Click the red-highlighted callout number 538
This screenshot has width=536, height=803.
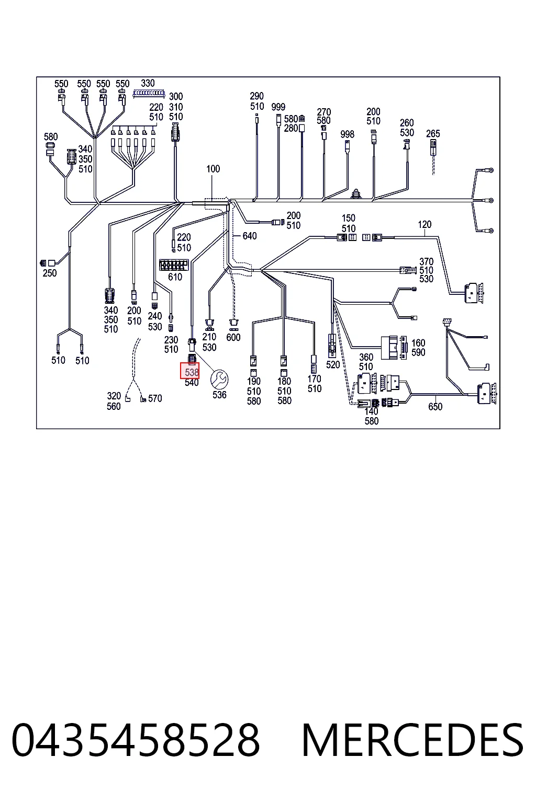point(192,372)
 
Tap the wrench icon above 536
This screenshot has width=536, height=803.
point(219,380)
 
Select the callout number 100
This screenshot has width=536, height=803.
point(213,169)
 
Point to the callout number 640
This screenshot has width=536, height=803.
point(250,236)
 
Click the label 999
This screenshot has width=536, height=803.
point(278,107)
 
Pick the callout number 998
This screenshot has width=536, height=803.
point(347,134)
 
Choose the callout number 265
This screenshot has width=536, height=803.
point(433,134)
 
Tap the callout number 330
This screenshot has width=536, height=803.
point(148,83)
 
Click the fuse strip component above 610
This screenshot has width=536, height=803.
point(174,265)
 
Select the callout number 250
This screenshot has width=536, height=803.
point(50,273)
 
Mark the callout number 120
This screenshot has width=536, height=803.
point(425,224)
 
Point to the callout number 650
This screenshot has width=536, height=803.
point(435,407)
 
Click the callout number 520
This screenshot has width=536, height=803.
point(333,365)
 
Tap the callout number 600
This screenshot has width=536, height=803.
point(233,337)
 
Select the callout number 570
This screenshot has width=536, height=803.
point(155,398)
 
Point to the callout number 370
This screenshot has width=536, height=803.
point(426,261)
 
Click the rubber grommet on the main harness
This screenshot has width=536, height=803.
point(356,194)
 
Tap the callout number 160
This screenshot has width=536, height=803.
point(418,343)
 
